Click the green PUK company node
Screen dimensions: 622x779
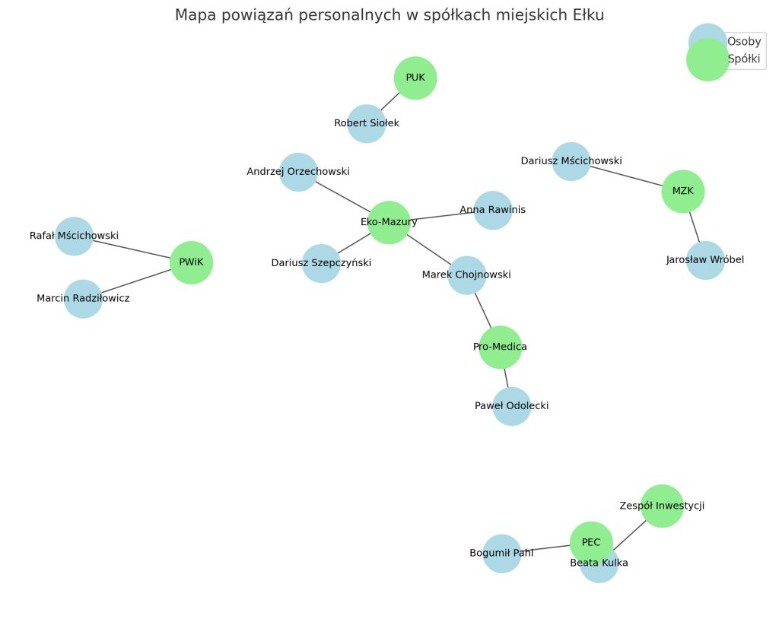point(415,78)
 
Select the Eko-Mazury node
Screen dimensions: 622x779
point(389,222)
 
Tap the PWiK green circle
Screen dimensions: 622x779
point(191,262)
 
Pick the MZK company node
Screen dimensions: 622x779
point(683,192)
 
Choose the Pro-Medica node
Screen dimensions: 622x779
point(500,347)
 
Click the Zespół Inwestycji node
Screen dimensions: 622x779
point(662,505)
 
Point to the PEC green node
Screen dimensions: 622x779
point(591,542)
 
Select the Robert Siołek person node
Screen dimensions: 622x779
point(367,123)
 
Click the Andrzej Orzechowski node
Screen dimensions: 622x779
point(298,172)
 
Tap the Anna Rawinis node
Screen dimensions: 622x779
point(493,210)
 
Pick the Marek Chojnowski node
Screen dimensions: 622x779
point(467,275)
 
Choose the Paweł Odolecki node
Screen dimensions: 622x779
point(511,406)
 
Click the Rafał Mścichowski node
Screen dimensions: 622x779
point(74,236)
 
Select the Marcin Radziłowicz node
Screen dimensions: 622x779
point(83,298)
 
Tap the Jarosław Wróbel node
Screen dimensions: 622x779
point(705,260)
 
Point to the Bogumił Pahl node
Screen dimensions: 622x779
point(501,553)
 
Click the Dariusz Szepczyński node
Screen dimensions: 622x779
point(321,263)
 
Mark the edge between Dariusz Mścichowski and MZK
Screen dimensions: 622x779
point(627,176)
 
